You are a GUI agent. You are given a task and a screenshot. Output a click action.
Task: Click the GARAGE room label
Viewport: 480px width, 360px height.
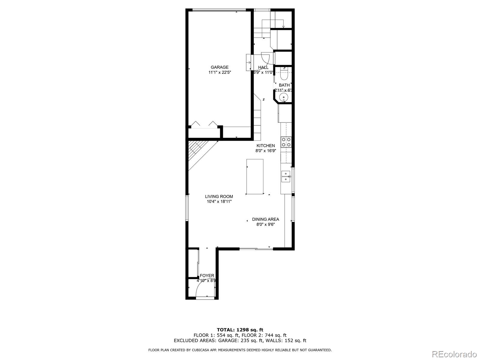coord(219,67)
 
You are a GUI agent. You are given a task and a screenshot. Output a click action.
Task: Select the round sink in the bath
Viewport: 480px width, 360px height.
coord(283,97)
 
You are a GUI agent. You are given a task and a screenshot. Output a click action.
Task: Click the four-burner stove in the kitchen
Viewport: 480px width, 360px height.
coord(286,142)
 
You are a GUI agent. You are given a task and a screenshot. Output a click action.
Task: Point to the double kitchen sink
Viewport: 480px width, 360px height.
coord(286,176)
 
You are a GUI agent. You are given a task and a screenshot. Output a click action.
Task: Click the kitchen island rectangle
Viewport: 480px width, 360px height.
coord(255,177)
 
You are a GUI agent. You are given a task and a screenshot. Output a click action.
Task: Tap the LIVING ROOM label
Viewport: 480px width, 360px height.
coord(219,196)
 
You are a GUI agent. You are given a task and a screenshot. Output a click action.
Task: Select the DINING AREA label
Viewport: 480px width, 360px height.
coord(265,219)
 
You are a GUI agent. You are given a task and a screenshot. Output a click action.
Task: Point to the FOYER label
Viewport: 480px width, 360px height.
coord(207,276)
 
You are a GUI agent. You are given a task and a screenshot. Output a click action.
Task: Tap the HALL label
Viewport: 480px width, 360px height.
coord(263,67)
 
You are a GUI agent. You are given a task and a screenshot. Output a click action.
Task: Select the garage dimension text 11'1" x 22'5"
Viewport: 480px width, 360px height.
coord(220,72)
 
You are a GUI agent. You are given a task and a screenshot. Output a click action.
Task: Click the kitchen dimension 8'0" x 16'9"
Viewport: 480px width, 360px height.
coord(265,151)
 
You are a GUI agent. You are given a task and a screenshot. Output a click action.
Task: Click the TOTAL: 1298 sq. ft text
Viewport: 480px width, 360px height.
coord(240,330)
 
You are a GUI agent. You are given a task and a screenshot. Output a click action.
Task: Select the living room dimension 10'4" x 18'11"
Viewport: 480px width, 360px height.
coord(219,202)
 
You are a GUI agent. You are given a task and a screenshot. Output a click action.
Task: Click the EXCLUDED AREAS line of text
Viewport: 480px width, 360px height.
coord(240,340)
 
